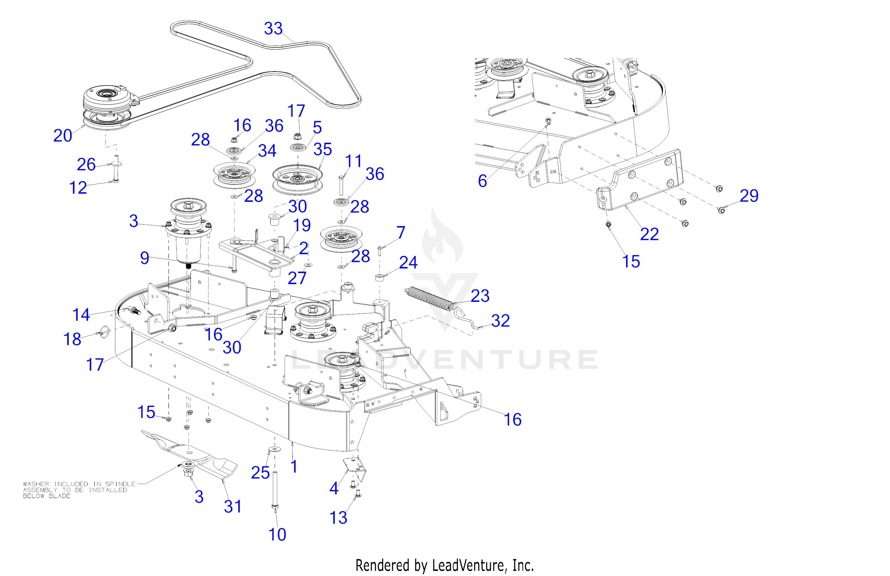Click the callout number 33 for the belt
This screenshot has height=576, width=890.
click(274, 28)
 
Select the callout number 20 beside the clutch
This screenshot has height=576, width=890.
click(62, 135)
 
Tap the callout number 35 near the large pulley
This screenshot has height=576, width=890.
click(323, 150)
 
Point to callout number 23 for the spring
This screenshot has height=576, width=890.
click(480, 296)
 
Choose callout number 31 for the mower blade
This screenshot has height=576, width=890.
click(233, 507)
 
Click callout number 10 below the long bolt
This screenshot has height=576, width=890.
click(277, 534)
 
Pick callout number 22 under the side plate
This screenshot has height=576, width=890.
click(649, 234)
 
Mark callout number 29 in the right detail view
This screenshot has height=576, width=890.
click(749, 196)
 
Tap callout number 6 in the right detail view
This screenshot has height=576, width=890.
click(482, 181)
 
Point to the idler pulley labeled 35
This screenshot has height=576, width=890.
click(297, 179)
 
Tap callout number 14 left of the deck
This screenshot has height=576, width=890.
click(81, 315)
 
